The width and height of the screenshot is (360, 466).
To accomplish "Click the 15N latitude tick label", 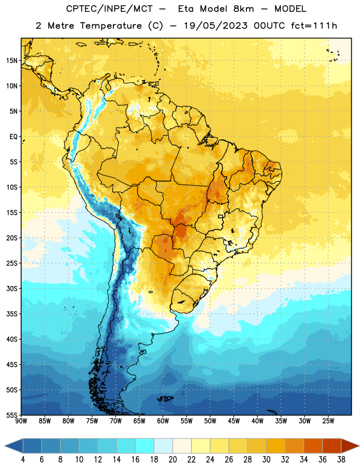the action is click(x=12, y=61).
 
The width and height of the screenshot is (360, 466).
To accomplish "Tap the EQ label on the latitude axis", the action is click(x=13, y=137).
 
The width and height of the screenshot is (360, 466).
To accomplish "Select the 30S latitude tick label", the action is click(x=12, y=288).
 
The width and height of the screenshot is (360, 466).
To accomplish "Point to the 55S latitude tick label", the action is click(x=12, y=415).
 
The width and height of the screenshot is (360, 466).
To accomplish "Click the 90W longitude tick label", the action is click(x=21, y=421).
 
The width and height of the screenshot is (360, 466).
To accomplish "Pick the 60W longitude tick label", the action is click(x=163, y=421).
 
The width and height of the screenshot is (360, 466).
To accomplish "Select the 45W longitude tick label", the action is click(x=234, y=421).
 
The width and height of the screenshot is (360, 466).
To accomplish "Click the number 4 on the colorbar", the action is click(x=23, y=460).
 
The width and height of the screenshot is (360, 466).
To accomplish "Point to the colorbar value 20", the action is click(x=172, y=460).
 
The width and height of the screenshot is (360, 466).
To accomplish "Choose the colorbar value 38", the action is click(x=341, y=460).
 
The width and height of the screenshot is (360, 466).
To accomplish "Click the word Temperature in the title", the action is click(x=111, y=26).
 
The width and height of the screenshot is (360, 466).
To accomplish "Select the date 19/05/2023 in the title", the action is click(x=216, y=26).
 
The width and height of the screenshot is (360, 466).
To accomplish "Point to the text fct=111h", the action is click(x=314, y=26).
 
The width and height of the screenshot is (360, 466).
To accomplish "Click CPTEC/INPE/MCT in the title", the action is click(x=110, y=9).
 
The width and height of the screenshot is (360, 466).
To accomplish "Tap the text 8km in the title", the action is click(x=243, y=9).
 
